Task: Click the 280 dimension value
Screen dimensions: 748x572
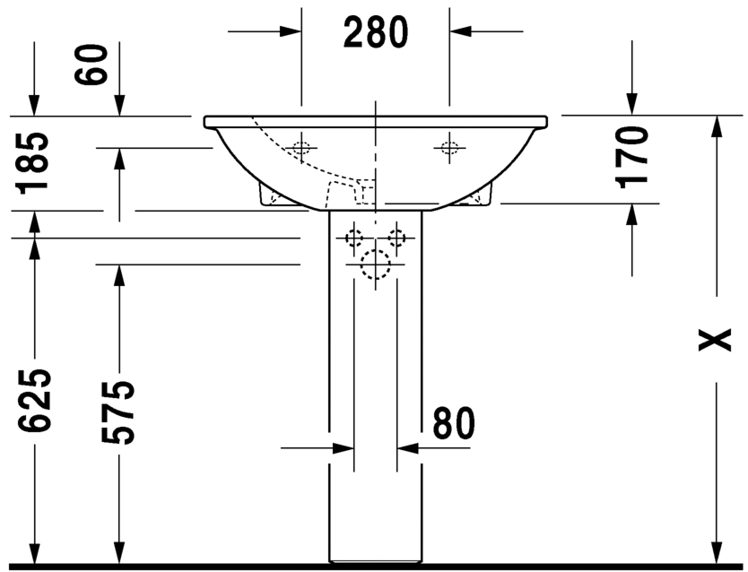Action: [376, 32]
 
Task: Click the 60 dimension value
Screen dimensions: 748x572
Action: [91, 65]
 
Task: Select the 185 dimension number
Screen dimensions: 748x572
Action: [32, 163]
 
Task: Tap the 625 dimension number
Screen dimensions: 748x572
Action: [33, 401]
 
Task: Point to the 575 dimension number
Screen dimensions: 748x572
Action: [118, 412]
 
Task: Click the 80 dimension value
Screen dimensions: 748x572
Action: [454, 423]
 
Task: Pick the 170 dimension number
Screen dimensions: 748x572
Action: [632, 157]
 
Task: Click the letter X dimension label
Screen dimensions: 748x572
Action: [715, 340]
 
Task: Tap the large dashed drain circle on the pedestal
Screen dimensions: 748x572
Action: [376, 264]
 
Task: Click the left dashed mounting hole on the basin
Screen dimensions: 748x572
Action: [301, 148]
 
